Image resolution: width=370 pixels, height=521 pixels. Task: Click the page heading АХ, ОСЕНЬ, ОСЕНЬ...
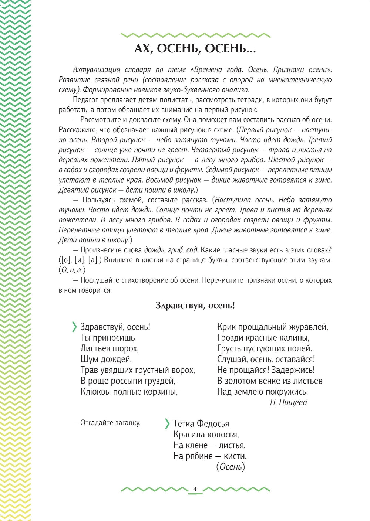point(195,49)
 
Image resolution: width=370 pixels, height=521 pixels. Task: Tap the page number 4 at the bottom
point(195,488)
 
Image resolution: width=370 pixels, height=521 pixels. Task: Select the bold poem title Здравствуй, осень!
point(195,306)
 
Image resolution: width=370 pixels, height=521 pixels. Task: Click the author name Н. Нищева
point(288,402)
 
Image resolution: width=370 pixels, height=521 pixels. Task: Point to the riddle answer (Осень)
point(231,467)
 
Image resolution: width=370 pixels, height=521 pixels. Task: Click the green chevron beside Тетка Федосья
point(167,423)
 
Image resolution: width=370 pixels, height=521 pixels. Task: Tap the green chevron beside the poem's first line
point(74,327)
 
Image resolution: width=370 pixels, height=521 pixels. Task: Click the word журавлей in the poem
point(309,327)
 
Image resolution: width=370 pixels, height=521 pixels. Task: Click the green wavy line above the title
point(195,35)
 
